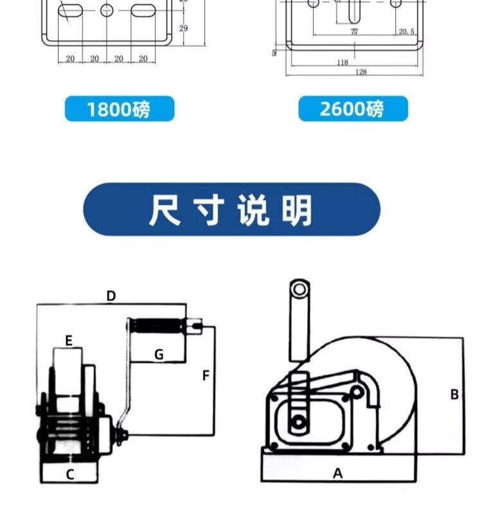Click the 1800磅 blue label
coord(119,109)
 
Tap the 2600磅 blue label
coord(352,109)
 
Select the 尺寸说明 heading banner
coord(231,210)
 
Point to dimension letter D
coord(111,296)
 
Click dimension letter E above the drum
coord(68,339)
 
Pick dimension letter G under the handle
coord(159,354)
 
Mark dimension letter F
coord(206,375)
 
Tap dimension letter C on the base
coord(70,474)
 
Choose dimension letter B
coord(454,395)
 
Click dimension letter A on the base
coord(337,474)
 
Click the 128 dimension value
coord(361,72)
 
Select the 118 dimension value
coord(342,62)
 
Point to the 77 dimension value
coord(354,31)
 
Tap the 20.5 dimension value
coord(406,31)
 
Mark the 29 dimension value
coord(183,28)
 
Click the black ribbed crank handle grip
coord(157,326)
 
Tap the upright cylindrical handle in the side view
coord(298,319)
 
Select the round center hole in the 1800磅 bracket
coord(107,10)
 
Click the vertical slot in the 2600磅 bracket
coord(354,10)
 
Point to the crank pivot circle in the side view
coord(298,422)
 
